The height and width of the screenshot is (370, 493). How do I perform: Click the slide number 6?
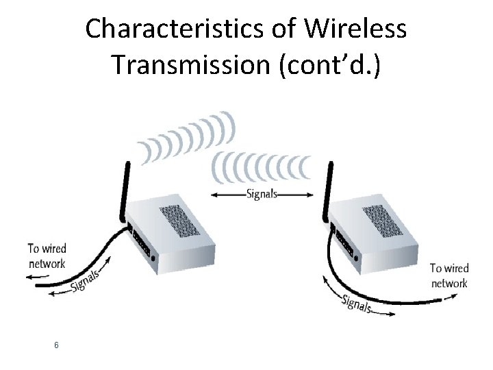click(x=56, y=344)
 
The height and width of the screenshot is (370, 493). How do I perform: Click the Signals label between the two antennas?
click(x=262, y=193)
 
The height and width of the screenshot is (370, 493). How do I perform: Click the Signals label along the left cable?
click(x=85, y=280)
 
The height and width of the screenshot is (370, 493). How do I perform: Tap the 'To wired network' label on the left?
click(x=47, y=256)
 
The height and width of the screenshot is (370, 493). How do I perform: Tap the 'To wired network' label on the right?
click(x=449, y=275)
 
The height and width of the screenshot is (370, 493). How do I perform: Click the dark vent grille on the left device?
click(x=179, y=219)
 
